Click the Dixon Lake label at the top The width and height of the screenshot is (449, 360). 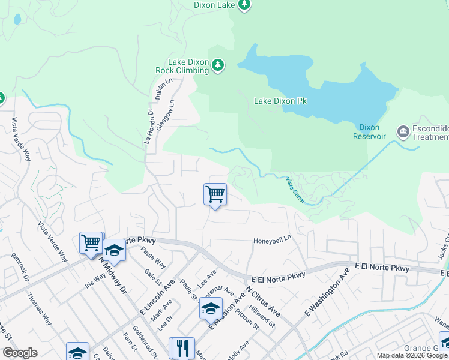(213, 5)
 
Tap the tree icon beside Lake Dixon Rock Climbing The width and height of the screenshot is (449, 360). (218, 65)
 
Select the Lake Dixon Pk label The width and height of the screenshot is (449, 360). (280, 101)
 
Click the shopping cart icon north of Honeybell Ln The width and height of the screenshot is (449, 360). (215, 194)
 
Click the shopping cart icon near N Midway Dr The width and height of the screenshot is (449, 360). (91, 243)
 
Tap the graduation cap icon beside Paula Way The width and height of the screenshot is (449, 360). (113, 250)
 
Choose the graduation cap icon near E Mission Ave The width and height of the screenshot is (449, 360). (211, 308)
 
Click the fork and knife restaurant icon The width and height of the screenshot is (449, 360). (183, 348)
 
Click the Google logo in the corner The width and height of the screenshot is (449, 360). (20, 353)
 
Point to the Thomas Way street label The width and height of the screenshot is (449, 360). (38, 309)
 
